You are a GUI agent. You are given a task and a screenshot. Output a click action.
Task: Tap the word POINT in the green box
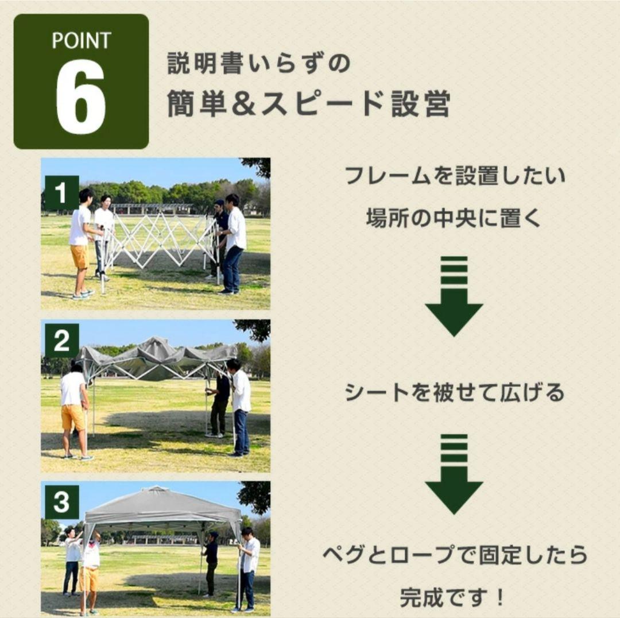81,41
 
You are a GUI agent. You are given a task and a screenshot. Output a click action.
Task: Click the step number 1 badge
61,192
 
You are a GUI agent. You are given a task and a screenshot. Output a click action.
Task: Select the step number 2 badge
61,342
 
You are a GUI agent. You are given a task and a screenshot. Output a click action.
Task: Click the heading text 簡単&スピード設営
308,104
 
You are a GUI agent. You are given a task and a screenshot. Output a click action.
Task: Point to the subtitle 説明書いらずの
258,64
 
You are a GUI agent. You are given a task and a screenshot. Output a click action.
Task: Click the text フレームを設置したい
455,176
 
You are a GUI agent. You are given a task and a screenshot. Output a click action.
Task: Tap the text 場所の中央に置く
454,218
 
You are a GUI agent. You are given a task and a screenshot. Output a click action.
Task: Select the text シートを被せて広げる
454,393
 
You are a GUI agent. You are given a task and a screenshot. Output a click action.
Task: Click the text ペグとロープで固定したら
454,555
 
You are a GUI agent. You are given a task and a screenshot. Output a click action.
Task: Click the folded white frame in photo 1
161,241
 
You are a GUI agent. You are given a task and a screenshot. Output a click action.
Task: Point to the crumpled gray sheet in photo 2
155,356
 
